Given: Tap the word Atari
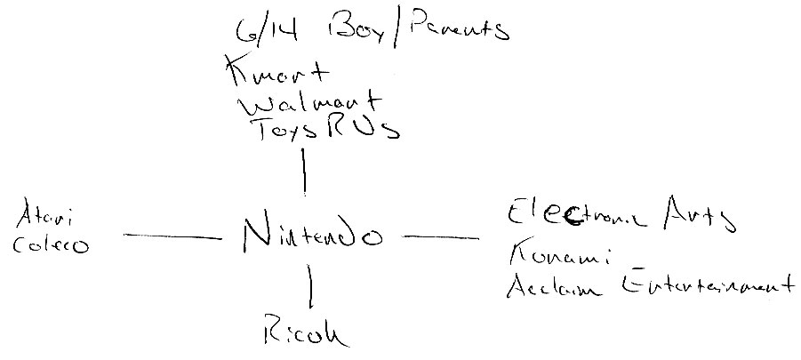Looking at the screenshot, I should [46, 217].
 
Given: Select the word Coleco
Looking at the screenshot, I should [51, 244].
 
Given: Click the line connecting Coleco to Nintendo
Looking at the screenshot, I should [172, 236].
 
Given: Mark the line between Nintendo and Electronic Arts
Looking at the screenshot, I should [440, 237].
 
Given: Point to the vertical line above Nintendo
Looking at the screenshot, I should [305, 171].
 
